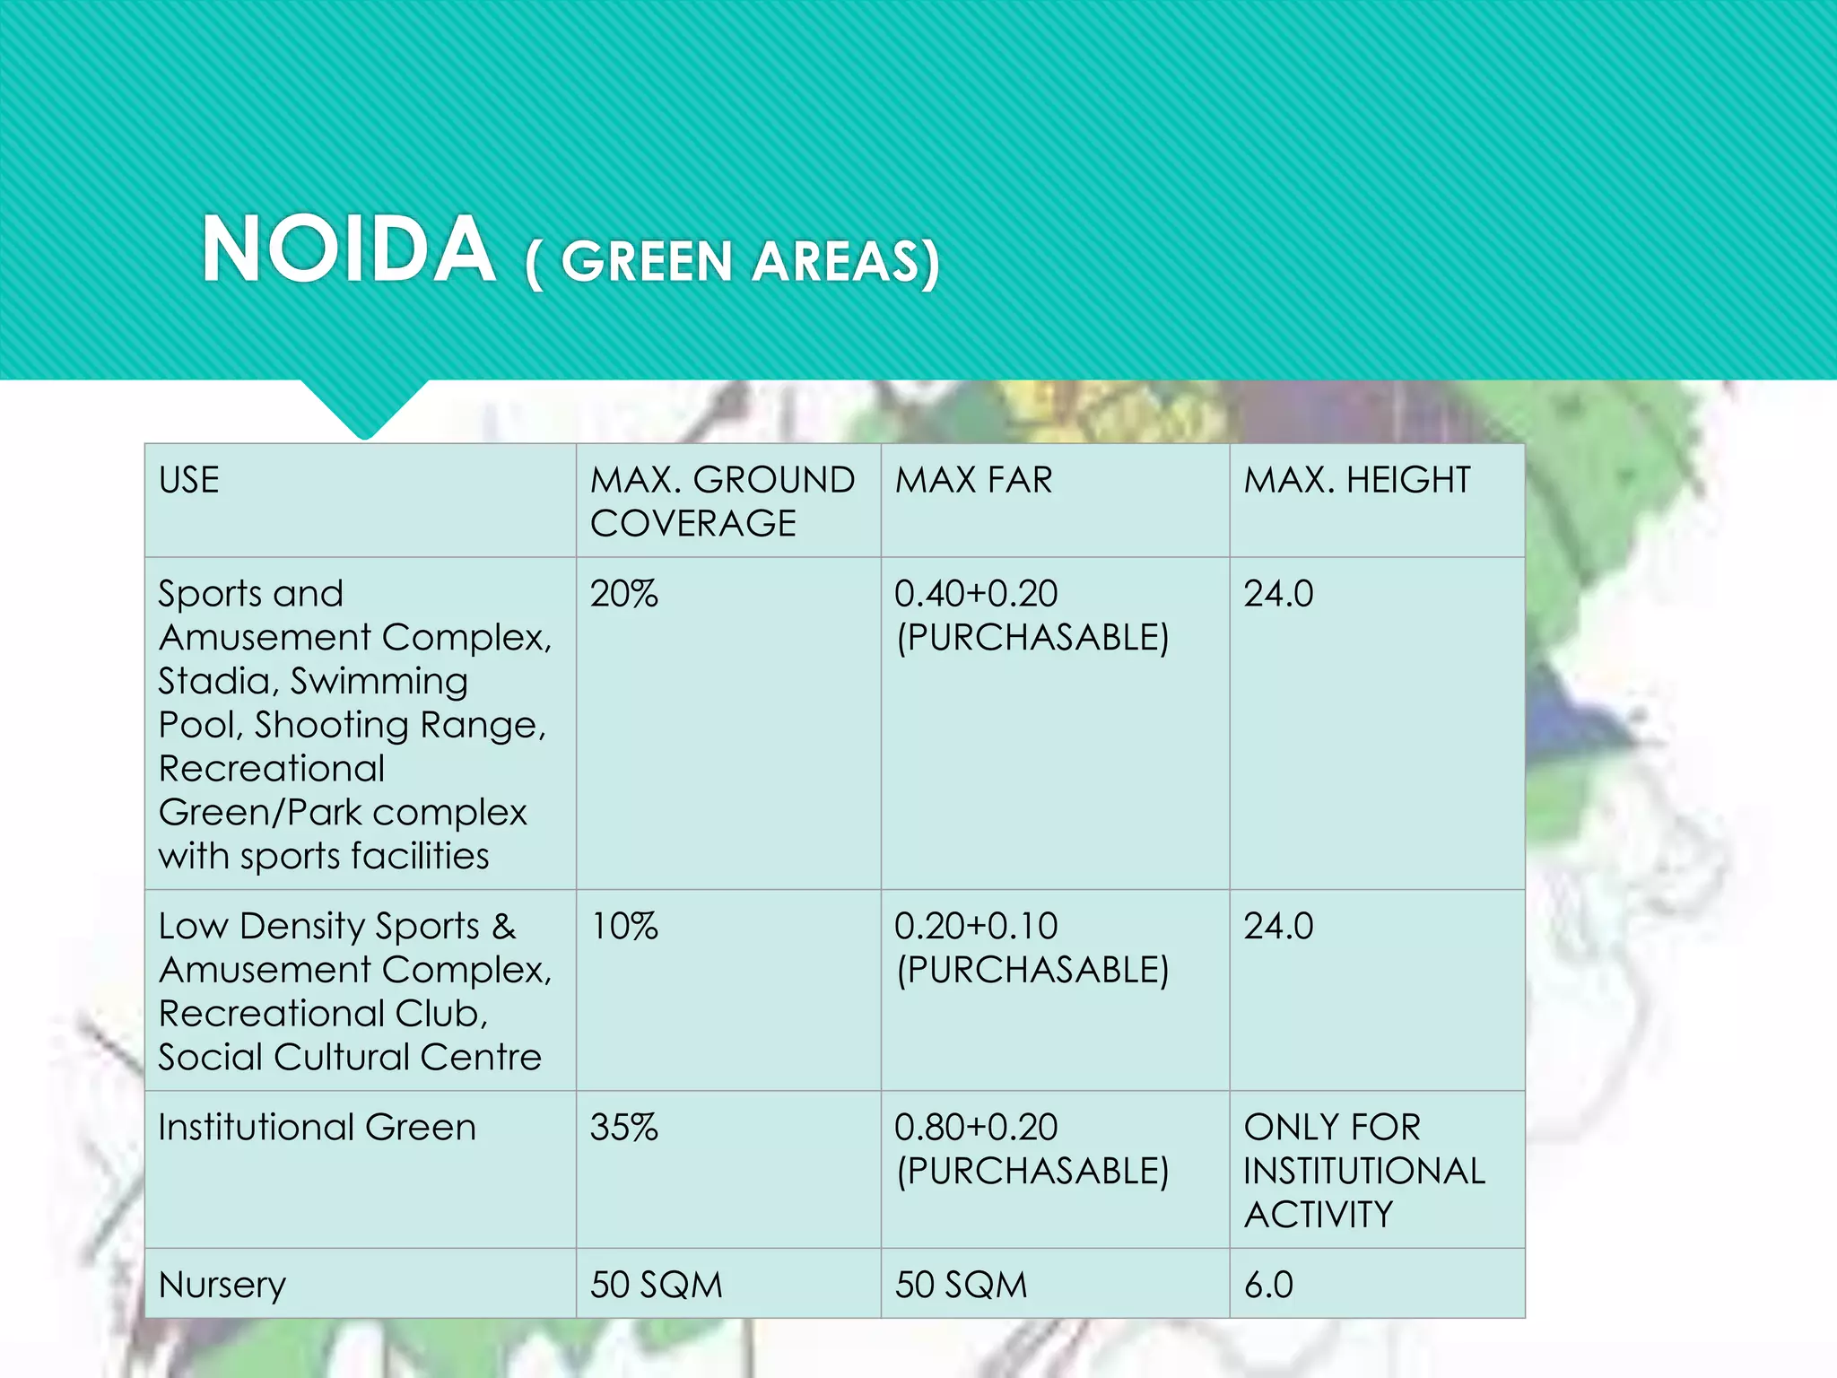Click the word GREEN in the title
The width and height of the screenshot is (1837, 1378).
pos(647,262)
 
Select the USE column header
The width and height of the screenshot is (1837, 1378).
pos(189,480)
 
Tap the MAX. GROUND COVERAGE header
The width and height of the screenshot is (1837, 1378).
pos(722,501)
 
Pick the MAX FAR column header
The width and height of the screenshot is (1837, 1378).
pos(973,480)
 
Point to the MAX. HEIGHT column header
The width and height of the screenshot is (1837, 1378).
pos(1356,480)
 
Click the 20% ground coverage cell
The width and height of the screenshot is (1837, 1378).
pos(624,594)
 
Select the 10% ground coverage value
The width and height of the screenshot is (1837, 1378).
pos(624,926)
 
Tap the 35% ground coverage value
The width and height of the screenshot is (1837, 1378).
pos(624,1127)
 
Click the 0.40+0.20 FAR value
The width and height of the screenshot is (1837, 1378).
pos(976,594)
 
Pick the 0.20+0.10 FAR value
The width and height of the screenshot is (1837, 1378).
pos(976,926)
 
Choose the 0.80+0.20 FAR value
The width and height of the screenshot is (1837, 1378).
pos(976,1127)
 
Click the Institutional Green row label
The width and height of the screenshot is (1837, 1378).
pos(317,1127)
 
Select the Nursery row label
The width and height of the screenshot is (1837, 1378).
pos(222,1285)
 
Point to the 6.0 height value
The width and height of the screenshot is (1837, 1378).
pos(1268,1285)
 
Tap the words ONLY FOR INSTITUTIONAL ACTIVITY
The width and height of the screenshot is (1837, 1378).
pos(1363,1171)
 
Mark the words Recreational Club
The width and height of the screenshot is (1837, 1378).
pos(323,1014)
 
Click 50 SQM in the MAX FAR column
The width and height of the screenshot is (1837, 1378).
pos(961,1285)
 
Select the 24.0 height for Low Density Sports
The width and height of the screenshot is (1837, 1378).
pos(1278,926)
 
